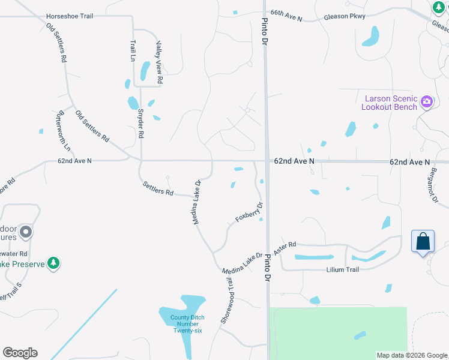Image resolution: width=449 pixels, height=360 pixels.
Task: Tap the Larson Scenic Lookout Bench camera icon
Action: pos(427,101)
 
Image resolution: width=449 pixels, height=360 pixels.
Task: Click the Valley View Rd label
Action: pos(160,62)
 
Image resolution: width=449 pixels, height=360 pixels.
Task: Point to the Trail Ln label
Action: pos(133,50)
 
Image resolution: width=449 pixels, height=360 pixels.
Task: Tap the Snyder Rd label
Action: pos(141,124)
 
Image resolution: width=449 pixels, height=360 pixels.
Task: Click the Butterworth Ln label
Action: pos(63,131)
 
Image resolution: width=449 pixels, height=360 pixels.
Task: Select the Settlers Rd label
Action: pos(158,189)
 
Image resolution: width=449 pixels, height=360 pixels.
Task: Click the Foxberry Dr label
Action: pos(249,212)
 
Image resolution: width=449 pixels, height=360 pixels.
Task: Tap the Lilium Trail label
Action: pos(342,269)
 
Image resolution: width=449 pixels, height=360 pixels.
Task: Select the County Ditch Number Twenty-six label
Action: pos(188,324)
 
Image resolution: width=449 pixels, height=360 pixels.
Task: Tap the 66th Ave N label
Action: pos(286,15)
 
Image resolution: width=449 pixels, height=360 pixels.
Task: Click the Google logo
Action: pos(20,353)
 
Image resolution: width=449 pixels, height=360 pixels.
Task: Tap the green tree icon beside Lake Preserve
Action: pos(53,263)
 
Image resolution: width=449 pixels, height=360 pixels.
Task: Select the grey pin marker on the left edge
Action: pos(25,231)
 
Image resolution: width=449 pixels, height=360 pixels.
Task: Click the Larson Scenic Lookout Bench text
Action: pos(389,103)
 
